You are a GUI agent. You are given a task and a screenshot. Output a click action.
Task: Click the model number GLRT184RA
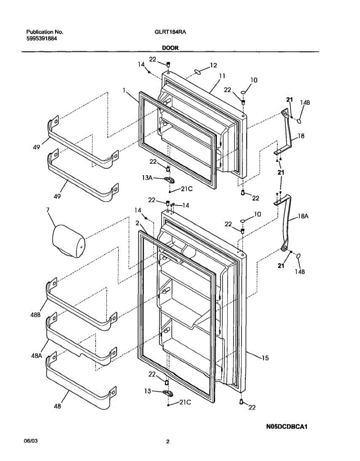coord(168,32)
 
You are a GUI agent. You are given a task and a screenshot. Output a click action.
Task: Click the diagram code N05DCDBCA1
coord(287,426)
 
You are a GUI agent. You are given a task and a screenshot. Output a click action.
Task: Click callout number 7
coord(48,210)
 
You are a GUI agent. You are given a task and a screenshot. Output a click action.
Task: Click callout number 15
coord(265,358)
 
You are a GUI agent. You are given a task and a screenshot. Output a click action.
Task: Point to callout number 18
coord(301,136)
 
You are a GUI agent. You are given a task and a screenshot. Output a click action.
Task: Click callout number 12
coord(213,65)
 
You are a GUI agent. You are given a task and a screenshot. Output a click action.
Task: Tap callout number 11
coord(221,76)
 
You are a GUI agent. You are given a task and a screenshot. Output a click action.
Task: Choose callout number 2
coord(137,223)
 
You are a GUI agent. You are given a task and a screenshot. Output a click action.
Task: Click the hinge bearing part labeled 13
coord(167,392)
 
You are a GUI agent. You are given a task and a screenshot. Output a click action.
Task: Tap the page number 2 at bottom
coord(167,442)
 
